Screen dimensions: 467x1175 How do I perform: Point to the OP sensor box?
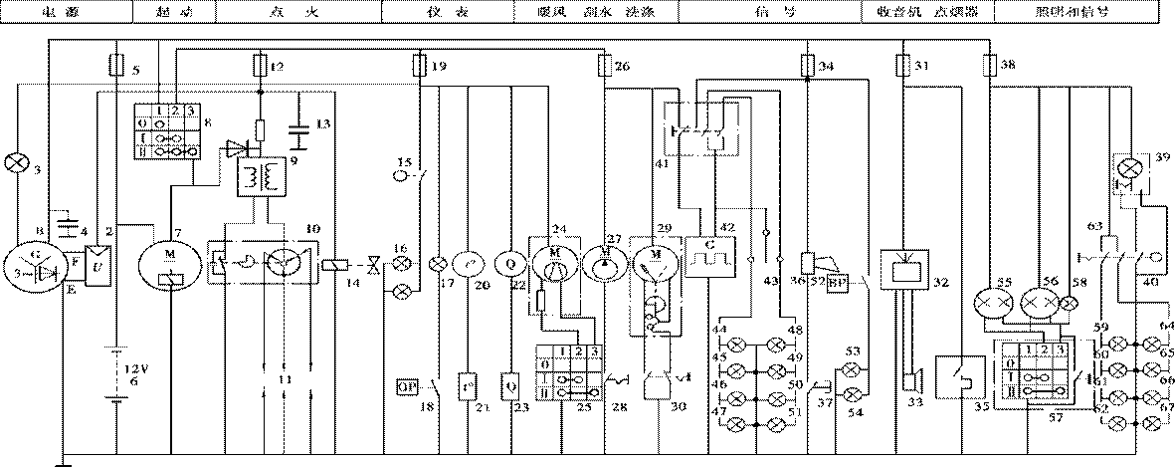click(x=408, y=383)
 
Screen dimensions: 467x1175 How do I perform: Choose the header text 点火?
click(x=295, y=8)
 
